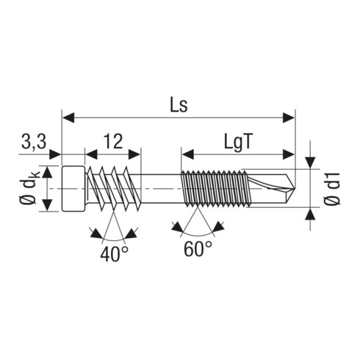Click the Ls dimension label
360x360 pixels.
(179, 106)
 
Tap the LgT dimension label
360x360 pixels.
(238, 143)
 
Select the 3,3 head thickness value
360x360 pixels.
(34, 142)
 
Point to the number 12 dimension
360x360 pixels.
(113, 141)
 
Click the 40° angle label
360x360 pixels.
(114, 254)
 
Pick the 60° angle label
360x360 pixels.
(198, 249)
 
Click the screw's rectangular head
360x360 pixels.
(73, 188)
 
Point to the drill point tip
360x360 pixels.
(295, 189)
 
